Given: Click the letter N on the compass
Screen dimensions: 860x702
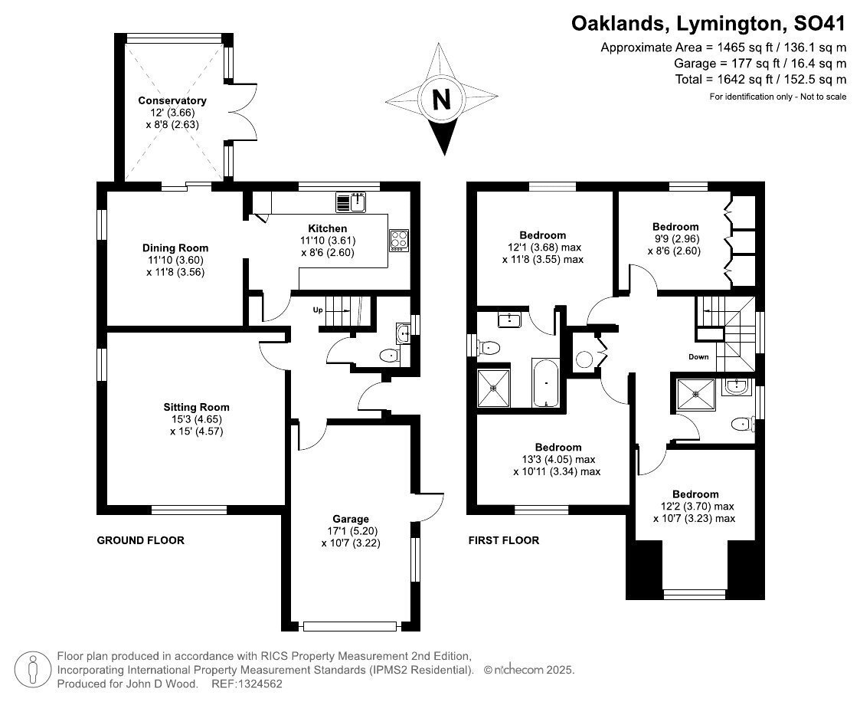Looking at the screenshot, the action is (442, 100).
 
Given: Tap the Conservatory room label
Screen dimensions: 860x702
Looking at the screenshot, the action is (172, 100).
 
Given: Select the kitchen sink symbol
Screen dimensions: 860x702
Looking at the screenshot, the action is (351, 202).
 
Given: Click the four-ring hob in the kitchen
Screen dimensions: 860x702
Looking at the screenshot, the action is (399, 241).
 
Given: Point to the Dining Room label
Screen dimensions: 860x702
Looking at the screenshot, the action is (175, 248).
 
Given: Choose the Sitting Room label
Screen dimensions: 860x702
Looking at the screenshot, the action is (196, 407).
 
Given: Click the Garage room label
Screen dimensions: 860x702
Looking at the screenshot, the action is (351, 520).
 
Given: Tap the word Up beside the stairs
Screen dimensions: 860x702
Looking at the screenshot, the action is (318, 310).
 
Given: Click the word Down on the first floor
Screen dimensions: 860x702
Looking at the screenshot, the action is (698, 357).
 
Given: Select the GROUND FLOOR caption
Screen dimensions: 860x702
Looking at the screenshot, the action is (140, 540).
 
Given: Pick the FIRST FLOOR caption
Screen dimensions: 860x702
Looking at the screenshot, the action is (503, 540).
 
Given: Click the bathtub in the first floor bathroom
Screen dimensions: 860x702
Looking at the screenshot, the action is (545, 382).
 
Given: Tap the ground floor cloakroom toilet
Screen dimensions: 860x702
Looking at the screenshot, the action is (390, 356).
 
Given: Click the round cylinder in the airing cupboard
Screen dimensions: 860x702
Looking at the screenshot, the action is (584, 359).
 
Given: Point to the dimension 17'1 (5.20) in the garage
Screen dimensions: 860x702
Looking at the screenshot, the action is (351, 531).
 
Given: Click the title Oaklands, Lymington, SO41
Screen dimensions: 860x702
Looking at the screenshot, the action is (709, 24).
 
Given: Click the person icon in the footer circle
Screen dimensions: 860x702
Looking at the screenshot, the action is (33, 670).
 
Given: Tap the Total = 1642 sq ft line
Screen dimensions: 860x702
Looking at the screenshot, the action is (760, 80).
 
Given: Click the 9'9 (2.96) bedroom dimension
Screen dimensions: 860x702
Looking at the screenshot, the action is (675, 239).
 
